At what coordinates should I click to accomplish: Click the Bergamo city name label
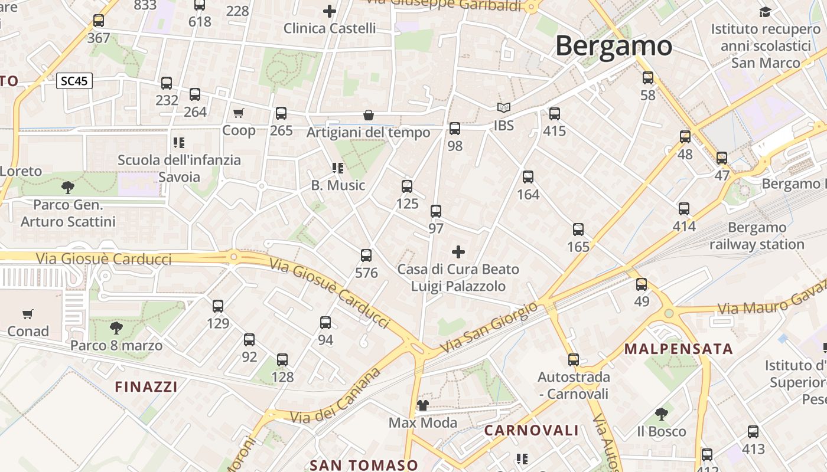pyautogui.click(x=613, y=45)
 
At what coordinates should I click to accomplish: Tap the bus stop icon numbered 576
pyautogui.click(x=366, y=255)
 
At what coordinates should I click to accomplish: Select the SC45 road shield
pyautogui.click(x=74, y=81)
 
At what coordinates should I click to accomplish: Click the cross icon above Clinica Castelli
pyautogui.click(x=330, y=11)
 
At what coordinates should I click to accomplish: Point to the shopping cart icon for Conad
pyautogui.click(x=28, y=314)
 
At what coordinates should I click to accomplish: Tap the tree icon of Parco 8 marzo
pyautogui.click(x=116, y=328)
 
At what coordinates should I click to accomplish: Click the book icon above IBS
pyautogui.click(x=503, y=108)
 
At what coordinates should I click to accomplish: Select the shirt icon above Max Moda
pyautogui.click(x=423, y=405)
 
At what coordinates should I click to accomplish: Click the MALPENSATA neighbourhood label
pyautogui.click(x=679, y=349)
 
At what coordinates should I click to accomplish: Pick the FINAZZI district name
pyautogui.click(x=146, y=387)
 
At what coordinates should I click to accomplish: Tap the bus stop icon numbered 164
pyautogui.click(x=528, y=176)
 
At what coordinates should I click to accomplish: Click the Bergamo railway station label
pyautogui.click(x=757, y=236)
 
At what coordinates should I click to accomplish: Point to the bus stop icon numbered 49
pyautogui.click(x=642, y=284)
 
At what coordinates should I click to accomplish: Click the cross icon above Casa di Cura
pyautogui.click(x=458, y=253)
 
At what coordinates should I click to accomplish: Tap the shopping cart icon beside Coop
pyautogui.click(x=239, y=113)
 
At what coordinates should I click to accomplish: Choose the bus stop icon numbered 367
pyautogui.click(x=99, y=21)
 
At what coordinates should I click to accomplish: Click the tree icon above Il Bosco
pyautogui.click(x=662, y=414)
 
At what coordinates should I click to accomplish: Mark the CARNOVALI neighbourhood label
pyautogui.click(x=531, y=431)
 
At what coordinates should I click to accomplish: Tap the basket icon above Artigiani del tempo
pyautogui.click(x=369, y=115)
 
